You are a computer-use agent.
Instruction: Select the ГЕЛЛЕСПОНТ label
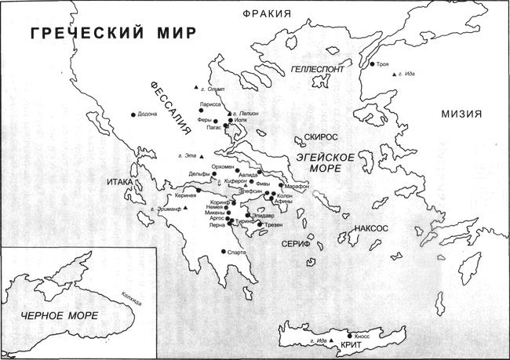[317, 69]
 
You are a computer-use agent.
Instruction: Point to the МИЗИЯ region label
[460, 113]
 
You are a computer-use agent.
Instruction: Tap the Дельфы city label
[201, 173]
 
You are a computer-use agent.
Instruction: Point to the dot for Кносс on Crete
[350, 335]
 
